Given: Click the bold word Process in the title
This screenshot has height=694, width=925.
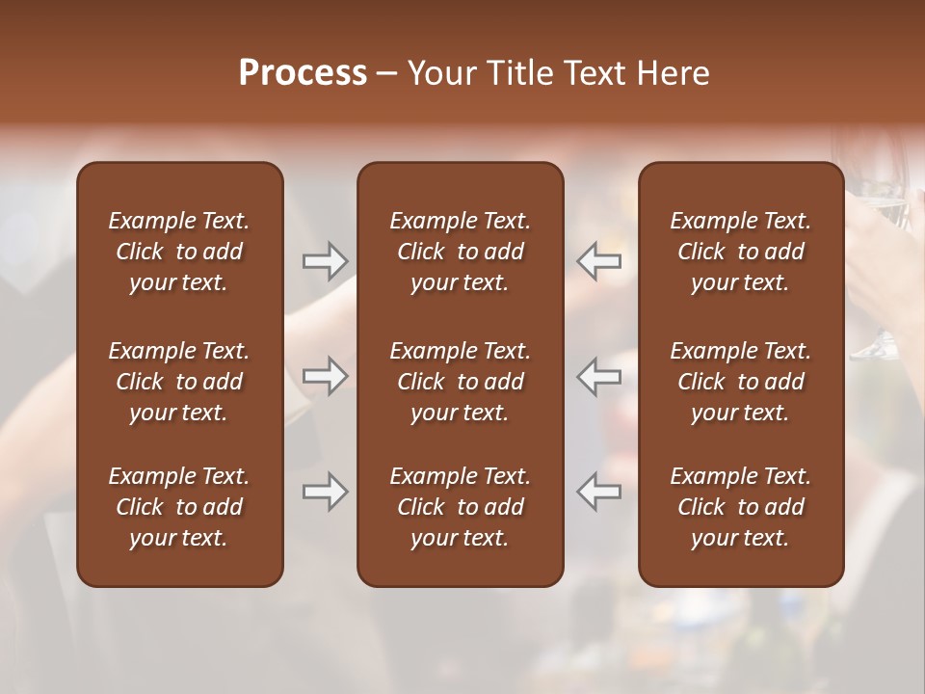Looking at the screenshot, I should (303, 73).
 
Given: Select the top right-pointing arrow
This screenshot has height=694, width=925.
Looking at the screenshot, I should (325, 261).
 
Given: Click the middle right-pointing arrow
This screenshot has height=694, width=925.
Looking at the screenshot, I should (325, 376).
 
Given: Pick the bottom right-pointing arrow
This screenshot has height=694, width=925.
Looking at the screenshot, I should (325, 492).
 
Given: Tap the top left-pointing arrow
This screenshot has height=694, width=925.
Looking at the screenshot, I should (599, 261).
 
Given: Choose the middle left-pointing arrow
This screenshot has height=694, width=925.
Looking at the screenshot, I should (599, 376).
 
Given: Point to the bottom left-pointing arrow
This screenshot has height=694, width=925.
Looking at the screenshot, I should (599, 492).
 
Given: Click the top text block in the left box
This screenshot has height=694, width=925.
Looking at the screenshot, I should (179, 252).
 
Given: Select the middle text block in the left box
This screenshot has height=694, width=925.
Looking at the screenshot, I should (179, 382).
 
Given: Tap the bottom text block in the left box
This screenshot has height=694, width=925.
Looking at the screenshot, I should (179, 507).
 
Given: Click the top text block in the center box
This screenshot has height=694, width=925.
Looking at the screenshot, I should (460, 252).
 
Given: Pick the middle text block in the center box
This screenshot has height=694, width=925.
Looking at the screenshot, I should (460, 382).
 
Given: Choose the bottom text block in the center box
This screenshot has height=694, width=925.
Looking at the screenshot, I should (460, 507).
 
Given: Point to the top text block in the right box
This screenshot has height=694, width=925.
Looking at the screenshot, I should (740, 252).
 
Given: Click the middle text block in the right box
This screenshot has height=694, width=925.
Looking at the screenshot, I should (740, 382).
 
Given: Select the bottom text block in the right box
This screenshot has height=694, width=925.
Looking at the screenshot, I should (740, 507).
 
